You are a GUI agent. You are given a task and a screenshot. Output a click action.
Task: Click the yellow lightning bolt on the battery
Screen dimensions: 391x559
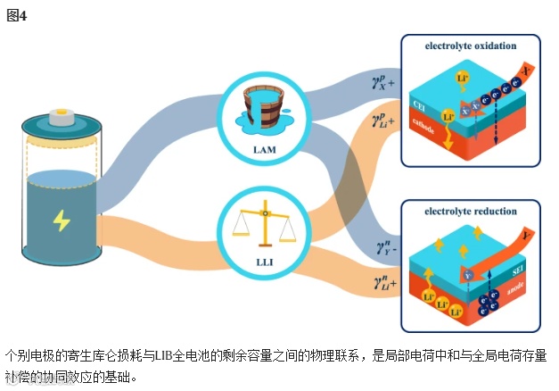(x=62, y=220)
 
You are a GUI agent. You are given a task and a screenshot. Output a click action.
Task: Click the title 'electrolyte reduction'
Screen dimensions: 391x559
(x=472, y=212)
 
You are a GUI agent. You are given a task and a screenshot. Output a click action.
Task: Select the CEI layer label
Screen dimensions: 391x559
(x=418, y=108)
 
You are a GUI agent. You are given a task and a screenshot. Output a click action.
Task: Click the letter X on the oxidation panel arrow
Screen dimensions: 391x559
(x=527, y=71)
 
